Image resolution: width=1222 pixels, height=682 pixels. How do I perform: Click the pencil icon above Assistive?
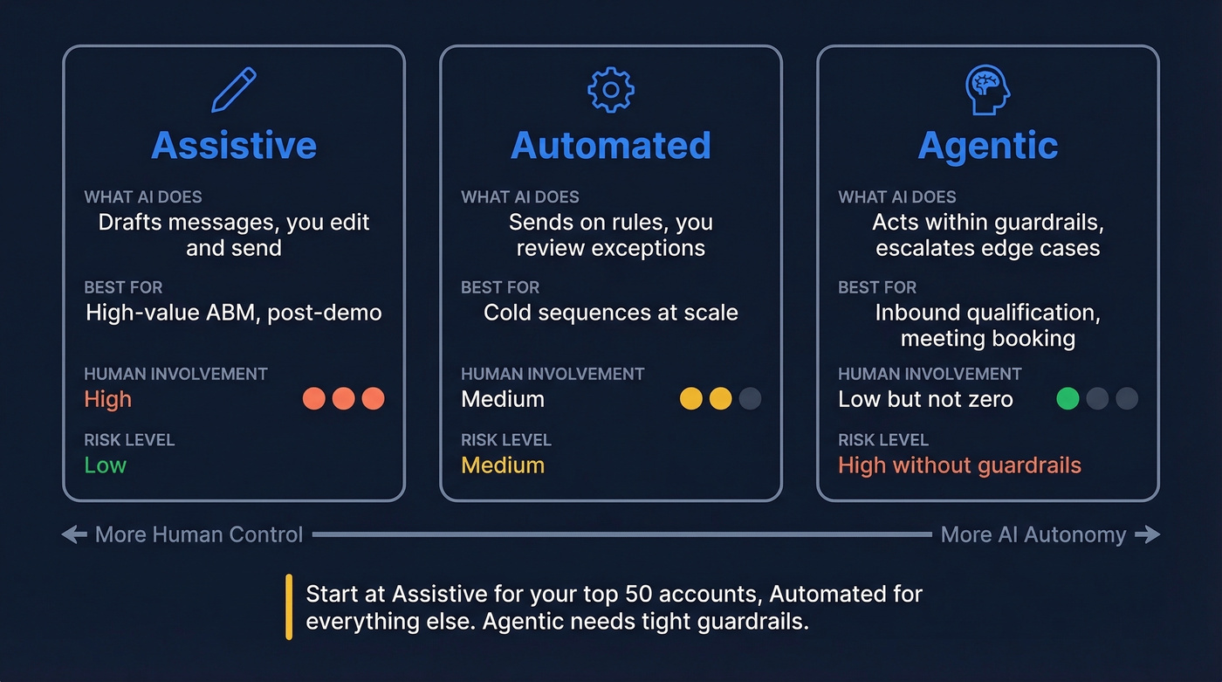[234, 91]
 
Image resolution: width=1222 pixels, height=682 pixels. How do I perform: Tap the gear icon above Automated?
[611, 90]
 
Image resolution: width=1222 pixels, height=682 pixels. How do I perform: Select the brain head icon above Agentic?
[987, 90]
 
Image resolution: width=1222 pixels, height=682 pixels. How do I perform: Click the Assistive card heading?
[234, 145]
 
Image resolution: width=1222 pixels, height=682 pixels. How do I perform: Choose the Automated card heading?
[611, 145]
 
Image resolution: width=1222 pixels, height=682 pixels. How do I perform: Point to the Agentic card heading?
[988, 145]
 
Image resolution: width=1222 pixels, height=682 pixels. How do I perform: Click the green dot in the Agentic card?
[1068, 399]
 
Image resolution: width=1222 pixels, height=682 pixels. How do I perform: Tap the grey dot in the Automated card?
[750, 399]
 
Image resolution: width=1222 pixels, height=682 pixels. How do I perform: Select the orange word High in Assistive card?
[107, 399]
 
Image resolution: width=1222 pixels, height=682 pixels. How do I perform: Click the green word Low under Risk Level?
[105, 465]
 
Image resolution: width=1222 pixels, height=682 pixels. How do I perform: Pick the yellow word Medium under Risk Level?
[503, 465]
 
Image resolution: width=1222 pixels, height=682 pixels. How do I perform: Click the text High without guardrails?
[959, 465]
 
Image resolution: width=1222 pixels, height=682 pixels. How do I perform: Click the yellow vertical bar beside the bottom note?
[289, 607]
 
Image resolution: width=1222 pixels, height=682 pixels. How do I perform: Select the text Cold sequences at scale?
[611, 313]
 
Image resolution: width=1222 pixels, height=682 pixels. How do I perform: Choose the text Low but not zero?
[925, 399]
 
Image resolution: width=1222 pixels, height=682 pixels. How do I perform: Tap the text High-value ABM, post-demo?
[234, 313]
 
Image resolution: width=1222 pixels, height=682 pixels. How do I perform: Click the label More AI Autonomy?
[1033, 534]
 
